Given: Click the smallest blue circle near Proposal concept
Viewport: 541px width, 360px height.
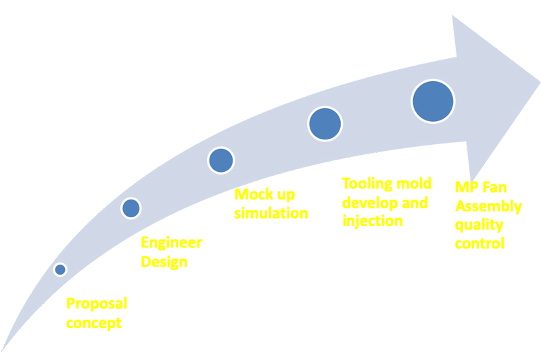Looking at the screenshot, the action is tap(60, 269).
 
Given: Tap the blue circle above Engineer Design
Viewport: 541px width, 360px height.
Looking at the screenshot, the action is tap(131, 208).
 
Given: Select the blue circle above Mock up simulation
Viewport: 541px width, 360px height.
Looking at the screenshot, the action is tap(221, 160).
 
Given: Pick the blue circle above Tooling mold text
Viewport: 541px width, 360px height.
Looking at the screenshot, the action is tap(325, 124).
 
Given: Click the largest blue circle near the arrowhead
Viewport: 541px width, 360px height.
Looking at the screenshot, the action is tap(433, 101).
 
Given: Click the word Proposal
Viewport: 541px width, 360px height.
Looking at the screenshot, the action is tap(97, 304).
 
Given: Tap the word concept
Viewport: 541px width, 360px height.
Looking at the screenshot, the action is tap(94, 323).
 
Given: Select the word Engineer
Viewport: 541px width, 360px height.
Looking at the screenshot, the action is tap(172, 244).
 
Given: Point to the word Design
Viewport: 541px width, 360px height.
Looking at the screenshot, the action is tap(164, 263).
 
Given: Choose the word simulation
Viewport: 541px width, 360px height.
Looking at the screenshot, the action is tap(271, 213).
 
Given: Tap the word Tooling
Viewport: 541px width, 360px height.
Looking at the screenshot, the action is tap(367, 184).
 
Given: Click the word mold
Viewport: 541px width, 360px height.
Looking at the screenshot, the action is tap(414, 183).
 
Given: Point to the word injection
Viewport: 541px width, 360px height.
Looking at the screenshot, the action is tap(373, 221).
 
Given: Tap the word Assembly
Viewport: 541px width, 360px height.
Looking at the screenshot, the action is tap(488, 207).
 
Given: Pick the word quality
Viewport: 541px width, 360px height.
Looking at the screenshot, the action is tap(479, 225).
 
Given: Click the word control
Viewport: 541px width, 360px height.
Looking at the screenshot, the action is tap(479, 244).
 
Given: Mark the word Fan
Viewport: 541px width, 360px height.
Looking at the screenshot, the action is tap(494, 187).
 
